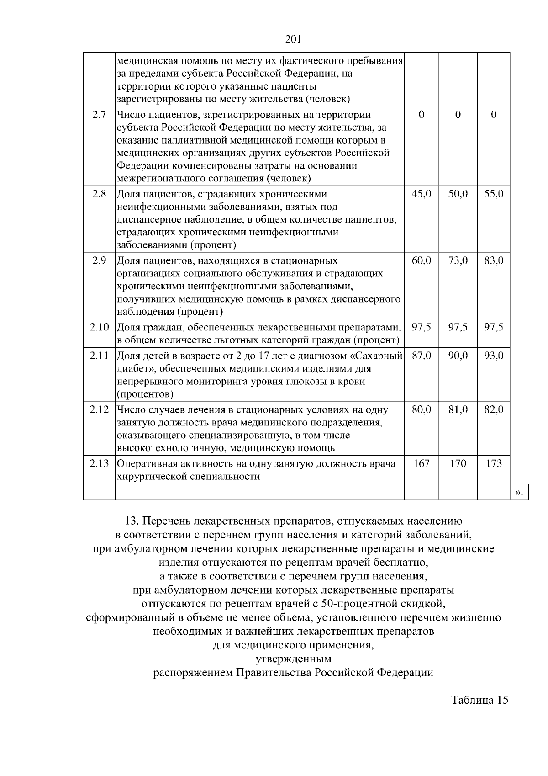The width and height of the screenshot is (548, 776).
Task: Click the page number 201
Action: click(293, 39)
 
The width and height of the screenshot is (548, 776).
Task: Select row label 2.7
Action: click(99, 115)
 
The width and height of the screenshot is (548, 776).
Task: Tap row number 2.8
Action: click(99, 194)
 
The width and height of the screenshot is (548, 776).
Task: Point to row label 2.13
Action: click(99, 463)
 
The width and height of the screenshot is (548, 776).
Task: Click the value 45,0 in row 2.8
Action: click(421, 194)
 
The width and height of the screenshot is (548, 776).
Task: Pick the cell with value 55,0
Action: click(494, 194)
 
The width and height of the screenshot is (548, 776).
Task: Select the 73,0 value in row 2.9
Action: click(458, 261)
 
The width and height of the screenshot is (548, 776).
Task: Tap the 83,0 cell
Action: click(494, 261)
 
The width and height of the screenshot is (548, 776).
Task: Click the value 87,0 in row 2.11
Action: click(421, 355)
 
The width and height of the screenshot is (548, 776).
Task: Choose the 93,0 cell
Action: click(494, 355)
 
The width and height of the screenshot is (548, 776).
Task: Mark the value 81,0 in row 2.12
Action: click(458, 410)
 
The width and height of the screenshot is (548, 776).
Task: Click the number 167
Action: click(421, 463)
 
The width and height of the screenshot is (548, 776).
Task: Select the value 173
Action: click(494, 463)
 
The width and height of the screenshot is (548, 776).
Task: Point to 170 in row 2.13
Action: click(458, 463)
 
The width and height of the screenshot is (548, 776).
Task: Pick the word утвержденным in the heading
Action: click(293, 659)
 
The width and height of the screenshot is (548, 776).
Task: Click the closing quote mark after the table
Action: click(519, 492)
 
